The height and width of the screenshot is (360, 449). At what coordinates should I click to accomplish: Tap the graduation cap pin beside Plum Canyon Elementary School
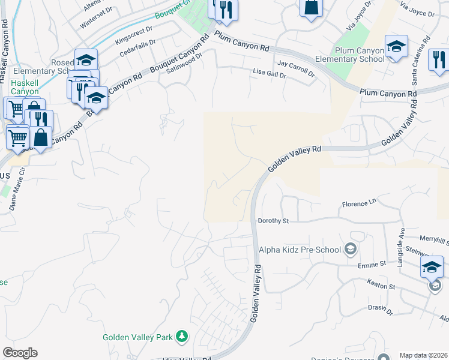[x=396, y=47]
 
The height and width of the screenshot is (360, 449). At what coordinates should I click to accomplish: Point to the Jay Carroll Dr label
[x=296, y=68]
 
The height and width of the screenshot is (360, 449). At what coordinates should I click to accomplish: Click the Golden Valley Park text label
[x=138, y=338]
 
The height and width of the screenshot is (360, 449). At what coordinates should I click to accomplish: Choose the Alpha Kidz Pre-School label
[x=300, y=250]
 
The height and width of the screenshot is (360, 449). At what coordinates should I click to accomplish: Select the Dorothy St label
[x=273, y=221]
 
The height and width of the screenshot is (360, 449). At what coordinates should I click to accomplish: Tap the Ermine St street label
[x=372, y=264]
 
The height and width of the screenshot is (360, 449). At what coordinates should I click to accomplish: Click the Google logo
[x=20, y=353]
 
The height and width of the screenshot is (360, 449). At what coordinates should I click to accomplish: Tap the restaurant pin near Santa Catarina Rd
[x=439, y=59]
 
